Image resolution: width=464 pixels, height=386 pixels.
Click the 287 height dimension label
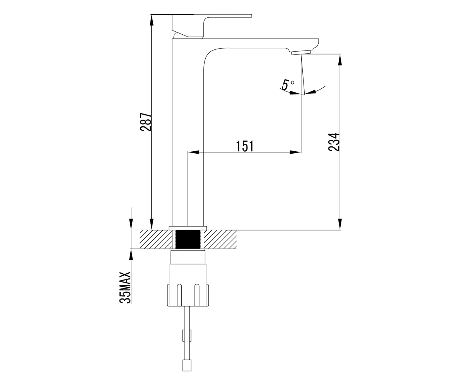point(145,122)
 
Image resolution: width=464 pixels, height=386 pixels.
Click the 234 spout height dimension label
point(334,142)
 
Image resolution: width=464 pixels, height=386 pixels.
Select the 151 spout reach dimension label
point(245,146)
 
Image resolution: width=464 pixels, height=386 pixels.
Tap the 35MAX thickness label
point(125,287)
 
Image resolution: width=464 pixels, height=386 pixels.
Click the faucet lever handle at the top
point(212,25)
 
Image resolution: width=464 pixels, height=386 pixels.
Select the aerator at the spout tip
point(301,52)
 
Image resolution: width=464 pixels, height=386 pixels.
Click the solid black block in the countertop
point(188,239)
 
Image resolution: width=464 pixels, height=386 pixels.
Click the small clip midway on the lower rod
point(187,336)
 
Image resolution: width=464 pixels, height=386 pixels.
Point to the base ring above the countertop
point(188,228)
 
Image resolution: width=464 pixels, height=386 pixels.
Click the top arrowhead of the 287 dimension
point(152,20)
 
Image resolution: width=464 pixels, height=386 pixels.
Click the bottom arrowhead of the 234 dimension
point(340,224)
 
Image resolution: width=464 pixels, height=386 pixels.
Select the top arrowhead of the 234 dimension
point(340,59)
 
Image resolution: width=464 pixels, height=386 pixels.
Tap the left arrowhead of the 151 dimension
point(193,152)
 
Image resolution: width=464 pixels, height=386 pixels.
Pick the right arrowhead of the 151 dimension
point(295,152)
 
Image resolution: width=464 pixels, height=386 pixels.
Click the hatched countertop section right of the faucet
point(220,239)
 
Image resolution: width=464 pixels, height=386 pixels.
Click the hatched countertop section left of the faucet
point(156,239)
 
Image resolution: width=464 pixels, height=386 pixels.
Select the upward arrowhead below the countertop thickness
point(131,254)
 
